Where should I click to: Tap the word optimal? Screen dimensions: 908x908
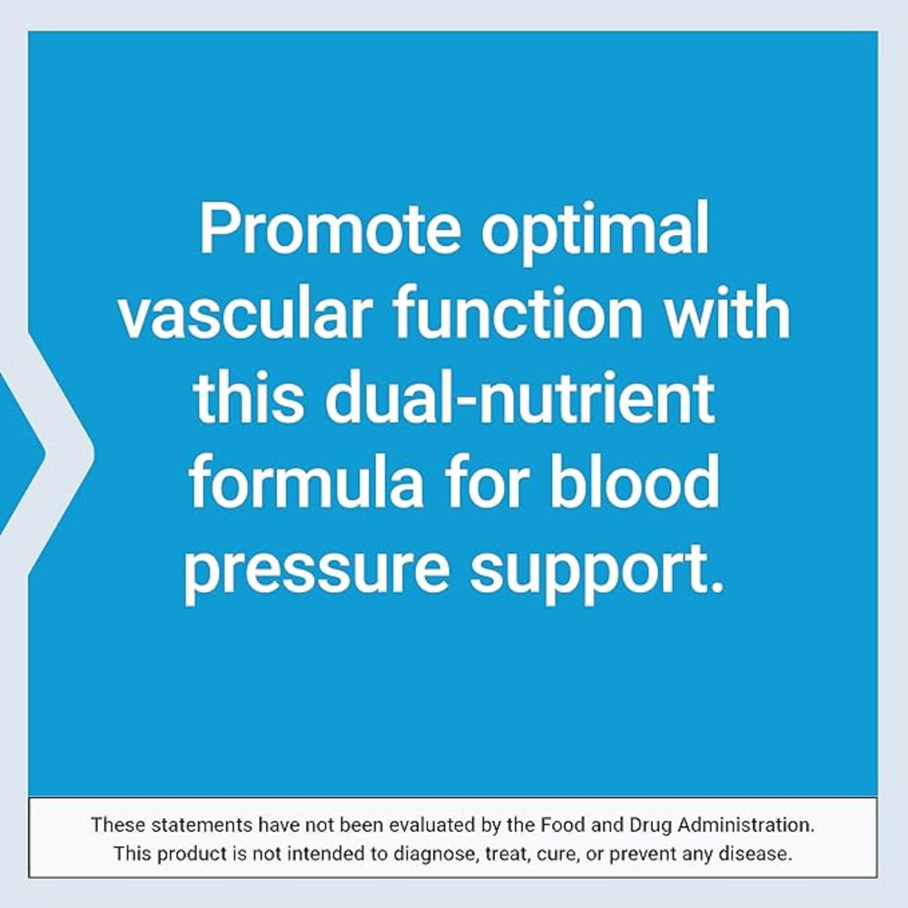tap(596, 232)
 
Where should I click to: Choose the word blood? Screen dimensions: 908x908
tap(634, 481)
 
